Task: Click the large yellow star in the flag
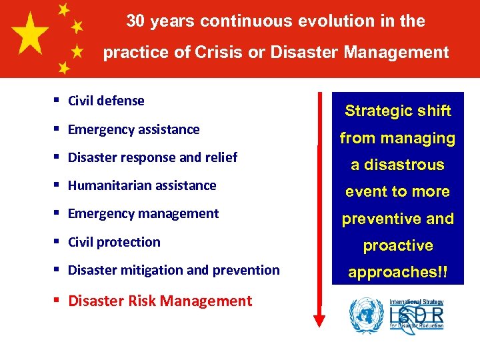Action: coord(29,35)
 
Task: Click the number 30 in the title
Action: coord(136,21)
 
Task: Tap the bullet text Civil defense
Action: coord(106,101)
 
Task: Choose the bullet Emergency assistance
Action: coord(133,129)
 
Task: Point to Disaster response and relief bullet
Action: coord(153,157)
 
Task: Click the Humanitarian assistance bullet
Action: coord(142,185)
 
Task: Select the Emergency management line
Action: coord(143,213)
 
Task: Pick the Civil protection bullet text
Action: coord(114,242)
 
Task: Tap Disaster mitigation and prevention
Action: coord(173,270)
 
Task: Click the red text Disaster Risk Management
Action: coord(160,301)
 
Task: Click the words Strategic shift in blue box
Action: coord(397,111)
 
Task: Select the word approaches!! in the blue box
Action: coord(397,273)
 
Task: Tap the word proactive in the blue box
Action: coord(397,245)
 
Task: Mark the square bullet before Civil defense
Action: coord(58,101)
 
